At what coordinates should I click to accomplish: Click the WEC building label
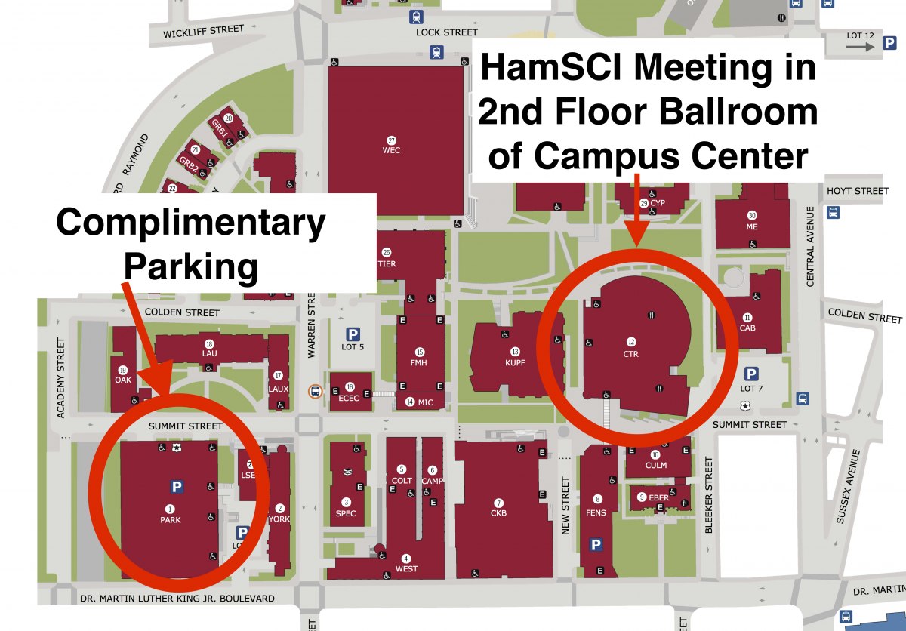coord(391,150)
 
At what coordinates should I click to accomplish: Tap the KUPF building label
coord(515,362)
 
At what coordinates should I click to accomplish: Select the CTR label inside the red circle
coord(631,353)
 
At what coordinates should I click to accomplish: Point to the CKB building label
coord(498,513)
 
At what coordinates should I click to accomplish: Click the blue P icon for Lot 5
coord(353,334)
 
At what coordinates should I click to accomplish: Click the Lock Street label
coord(447,32)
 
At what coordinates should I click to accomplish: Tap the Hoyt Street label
coord(858,191)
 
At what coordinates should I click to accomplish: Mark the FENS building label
coord(596,512)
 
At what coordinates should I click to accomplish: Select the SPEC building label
coord(346,513)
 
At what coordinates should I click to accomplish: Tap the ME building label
coord(751,226)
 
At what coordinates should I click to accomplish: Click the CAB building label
coord(747,328)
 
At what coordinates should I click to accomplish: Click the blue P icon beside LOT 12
coord(889,46)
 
